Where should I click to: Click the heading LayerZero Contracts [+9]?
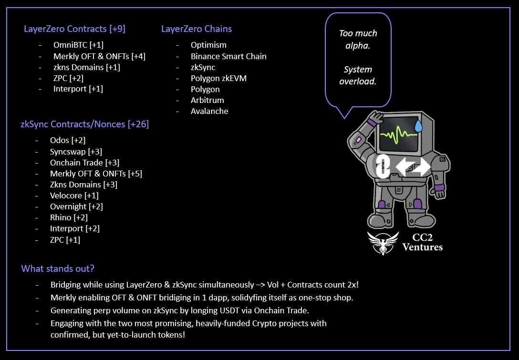point(74,29)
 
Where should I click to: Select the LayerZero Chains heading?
point(197,29)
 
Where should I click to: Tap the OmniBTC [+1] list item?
point(78,45)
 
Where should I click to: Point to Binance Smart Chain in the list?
point(228,56)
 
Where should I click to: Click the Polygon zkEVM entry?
point(218,78)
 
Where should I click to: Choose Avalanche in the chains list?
point(209,111)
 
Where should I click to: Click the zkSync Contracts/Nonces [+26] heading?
point(85,124)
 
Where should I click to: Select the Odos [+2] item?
point(68,141)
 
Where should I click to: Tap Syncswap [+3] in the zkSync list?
point(76,152)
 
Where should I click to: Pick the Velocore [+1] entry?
point(74,195)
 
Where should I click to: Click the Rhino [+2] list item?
point(69,217)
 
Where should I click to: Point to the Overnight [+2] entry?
point(76,206)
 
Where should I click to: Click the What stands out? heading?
point(57,269)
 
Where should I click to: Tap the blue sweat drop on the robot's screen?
point(418,126)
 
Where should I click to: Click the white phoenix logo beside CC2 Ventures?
point(383,243)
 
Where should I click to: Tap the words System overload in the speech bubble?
point(358,75)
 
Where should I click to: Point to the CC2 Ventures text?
point(422,242)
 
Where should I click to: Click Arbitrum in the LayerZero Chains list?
point(207,100)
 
